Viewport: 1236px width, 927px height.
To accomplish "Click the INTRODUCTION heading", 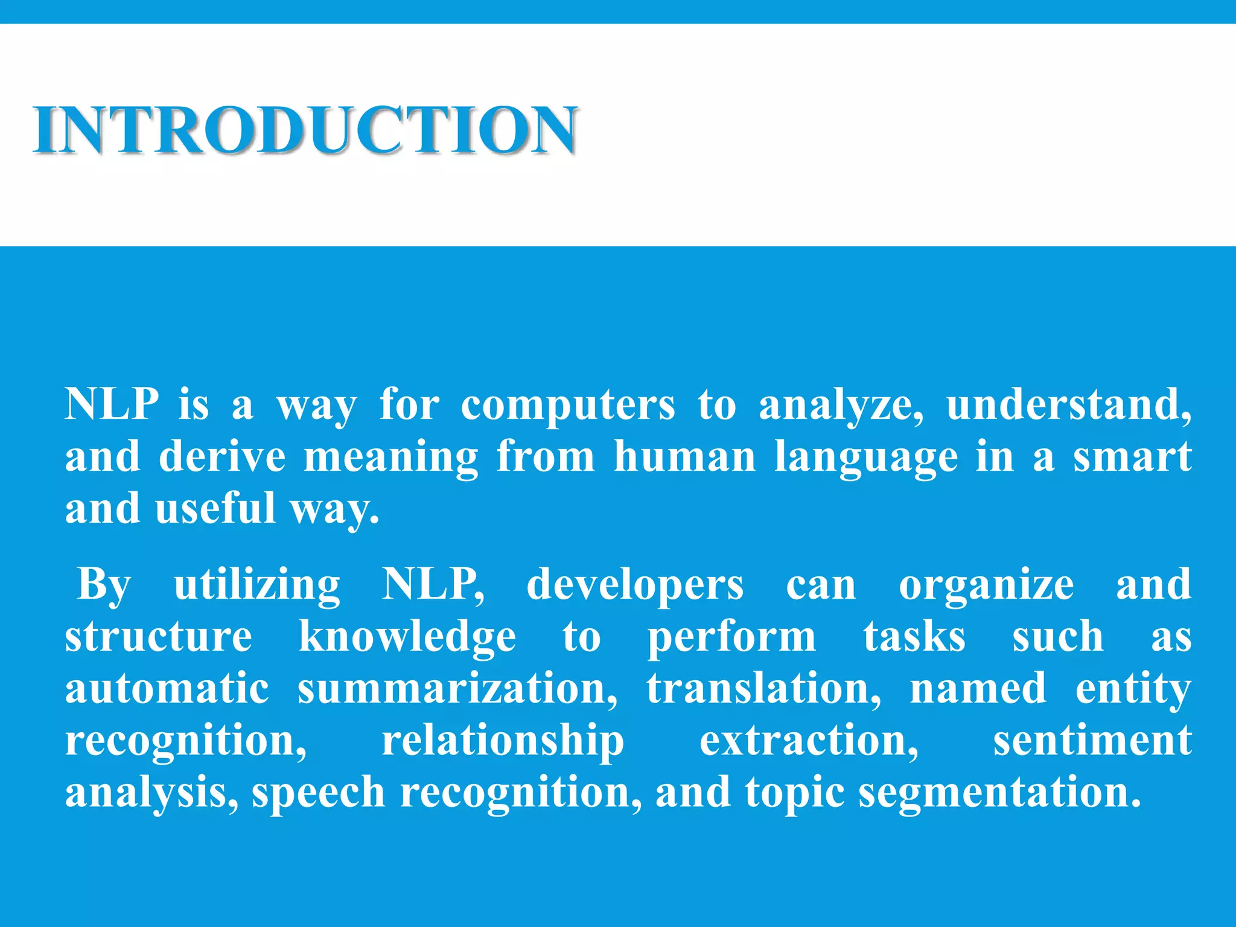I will (305, 130).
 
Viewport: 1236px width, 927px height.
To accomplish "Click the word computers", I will (567, 404).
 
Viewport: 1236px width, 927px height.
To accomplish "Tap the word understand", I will (1068, 404).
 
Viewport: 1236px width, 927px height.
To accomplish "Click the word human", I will (684, 456).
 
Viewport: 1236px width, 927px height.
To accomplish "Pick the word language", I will (866, 457).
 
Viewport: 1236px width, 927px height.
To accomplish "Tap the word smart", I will (1132, 456).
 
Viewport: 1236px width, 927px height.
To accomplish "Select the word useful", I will (215, 508).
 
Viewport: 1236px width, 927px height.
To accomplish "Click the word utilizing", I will (257, 585).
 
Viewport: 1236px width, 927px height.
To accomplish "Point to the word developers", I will (635, 585).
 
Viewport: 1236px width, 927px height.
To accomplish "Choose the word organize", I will (986, 586).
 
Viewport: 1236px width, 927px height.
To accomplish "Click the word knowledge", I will (407, 637).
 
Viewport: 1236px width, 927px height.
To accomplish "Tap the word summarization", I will (457, 689).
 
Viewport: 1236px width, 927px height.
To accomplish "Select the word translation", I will (763, 689).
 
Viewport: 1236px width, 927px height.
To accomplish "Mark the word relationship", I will (503, 741).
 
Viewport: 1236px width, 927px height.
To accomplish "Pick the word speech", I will (318, 792).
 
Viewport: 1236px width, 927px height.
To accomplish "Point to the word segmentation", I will (999, 792).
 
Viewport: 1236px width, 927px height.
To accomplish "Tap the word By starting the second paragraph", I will (104, 585).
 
